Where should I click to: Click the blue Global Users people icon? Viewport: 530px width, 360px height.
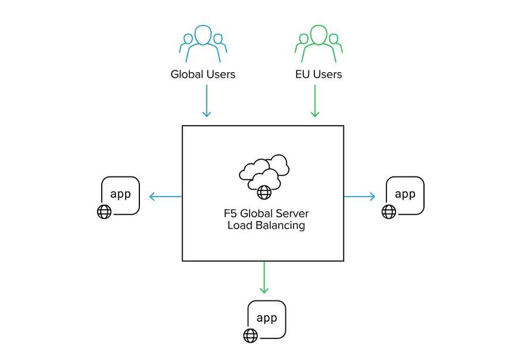[203, 44]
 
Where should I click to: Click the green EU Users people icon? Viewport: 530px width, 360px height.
[319, 44]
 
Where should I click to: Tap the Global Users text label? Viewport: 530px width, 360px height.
[203, 75]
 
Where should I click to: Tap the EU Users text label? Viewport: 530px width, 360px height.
[319, 75]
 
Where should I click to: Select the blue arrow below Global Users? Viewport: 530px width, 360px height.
[207, 100]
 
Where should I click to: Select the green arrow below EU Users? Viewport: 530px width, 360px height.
[315, 100]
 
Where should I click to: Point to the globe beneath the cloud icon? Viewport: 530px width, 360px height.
[264, 192]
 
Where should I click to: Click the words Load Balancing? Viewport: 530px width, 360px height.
[266, 226]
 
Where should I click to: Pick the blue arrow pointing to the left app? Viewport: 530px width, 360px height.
[165, 196]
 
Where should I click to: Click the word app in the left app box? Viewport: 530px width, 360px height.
[121, 194]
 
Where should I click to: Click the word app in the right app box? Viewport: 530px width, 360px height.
[406, 194]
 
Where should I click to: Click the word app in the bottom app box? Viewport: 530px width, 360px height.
[267, 318]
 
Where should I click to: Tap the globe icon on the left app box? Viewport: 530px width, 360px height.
[104, 212]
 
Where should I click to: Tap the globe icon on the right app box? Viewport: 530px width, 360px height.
[389, 212]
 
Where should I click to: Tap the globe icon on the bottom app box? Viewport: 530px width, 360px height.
[250, 336]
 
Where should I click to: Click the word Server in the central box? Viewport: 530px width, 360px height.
[292, 213]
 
